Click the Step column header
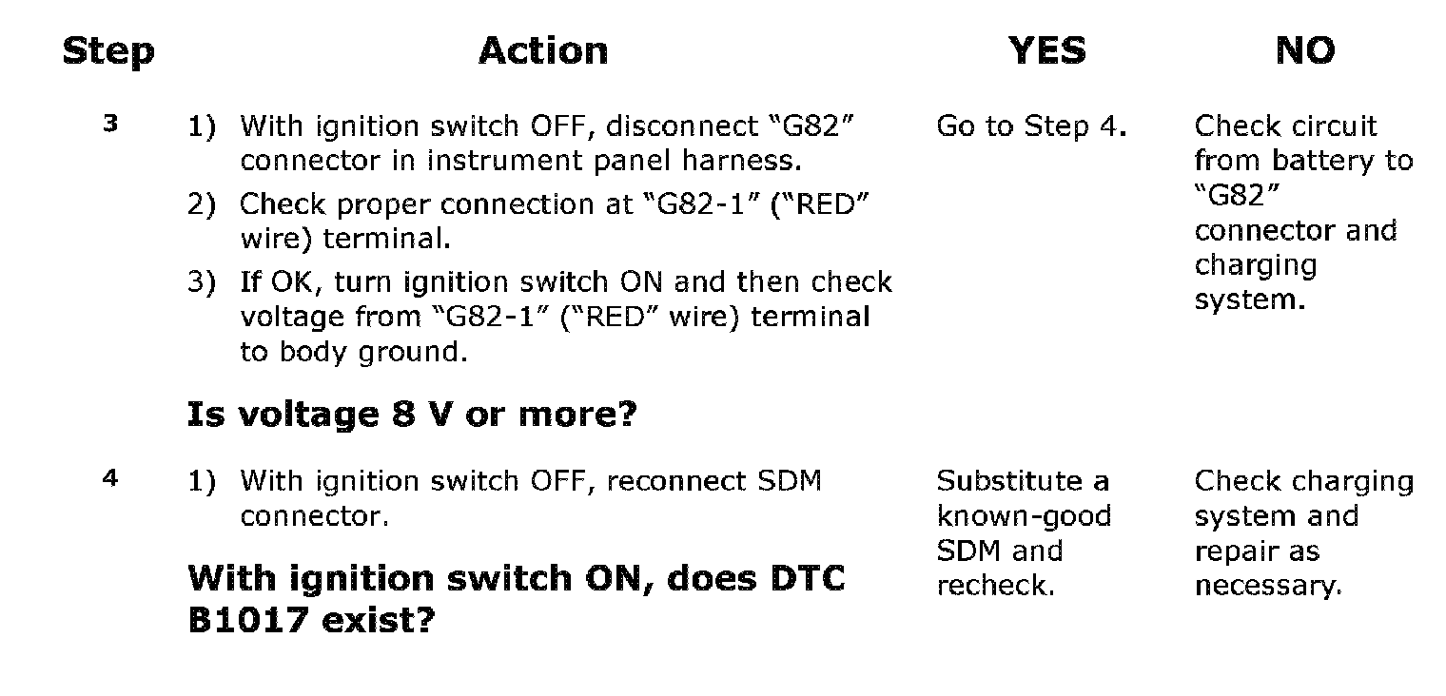click(108, 51)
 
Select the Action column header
click(543, 50)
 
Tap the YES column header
click(1047, 50)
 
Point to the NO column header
click(1305, 50)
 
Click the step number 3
click(110, 124)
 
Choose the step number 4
click(110, 478)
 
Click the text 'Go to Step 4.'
click(1031, 126)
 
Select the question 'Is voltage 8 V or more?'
click(412, 415)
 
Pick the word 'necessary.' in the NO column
click(1268, 587)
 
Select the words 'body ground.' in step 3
click(373, 352)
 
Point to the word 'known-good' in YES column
click(1024, 516)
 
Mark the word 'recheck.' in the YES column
click(995, 586)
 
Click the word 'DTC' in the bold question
click(808, 578)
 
